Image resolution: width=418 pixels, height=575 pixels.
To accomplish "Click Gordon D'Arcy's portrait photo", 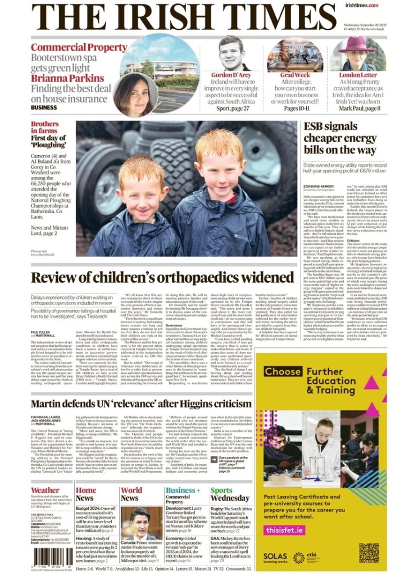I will pos(234,54).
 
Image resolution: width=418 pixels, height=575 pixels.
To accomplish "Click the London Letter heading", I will pos(358,75).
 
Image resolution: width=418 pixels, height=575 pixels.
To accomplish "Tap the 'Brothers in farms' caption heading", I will pos(44,127).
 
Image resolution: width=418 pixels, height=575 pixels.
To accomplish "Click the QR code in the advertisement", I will pos(369,553).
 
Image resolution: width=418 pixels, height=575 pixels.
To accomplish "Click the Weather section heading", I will pos(45,490).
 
